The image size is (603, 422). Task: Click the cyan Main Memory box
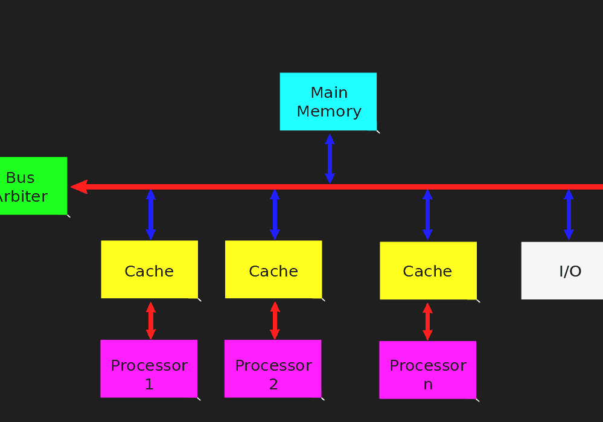(328, 101)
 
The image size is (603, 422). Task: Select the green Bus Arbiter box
(30, 186)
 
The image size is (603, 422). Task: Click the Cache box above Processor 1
(149, 269)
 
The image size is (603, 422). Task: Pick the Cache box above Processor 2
(273, 269)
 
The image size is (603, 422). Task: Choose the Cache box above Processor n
(428, 270)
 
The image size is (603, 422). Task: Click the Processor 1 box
(148, 368)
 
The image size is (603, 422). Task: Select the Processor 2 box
(273, 368)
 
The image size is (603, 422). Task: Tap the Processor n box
(427, 369)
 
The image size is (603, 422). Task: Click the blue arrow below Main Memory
(330, 158)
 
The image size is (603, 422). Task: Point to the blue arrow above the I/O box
(568, 214)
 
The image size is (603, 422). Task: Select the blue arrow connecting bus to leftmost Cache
(151, 214)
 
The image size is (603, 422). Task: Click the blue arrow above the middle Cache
(275, 214)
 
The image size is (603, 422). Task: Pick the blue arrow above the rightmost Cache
(427, 214)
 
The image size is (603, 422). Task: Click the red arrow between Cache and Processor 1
(151, 320)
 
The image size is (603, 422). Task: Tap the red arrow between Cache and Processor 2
(275, 320)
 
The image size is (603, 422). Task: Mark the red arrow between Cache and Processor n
(428, 321)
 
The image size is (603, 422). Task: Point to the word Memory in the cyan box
(329, 112)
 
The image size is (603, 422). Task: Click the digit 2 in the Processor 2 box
(273, 385)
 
